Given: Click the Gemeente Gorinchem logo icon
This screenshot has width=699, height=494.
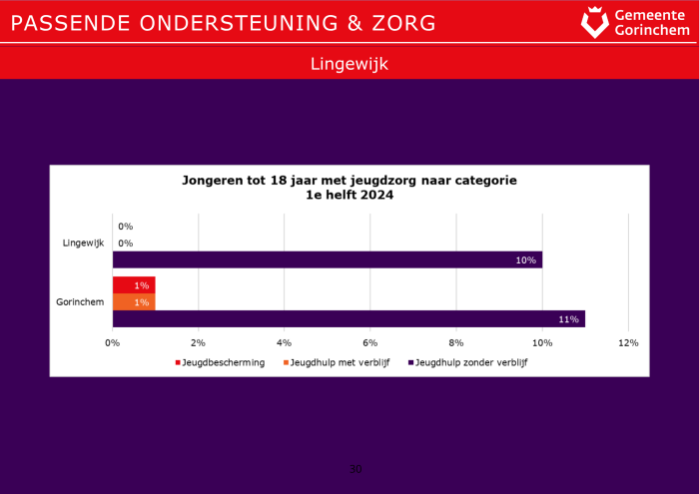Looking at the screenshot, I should tap(594, 22).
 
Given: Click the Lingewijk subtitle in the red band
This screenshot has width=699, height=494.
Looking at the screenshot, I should tap(349, 64).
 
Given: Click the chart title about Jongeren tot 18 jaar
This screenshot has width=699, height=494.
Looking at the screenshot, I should tap(349, 188).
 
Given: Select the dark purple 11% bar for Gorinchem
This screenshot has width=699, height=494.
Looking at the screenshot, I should tap(349, 318).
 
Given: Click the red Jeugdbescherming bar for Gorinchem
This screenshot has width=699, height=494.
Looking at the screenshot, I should tap(133, 285).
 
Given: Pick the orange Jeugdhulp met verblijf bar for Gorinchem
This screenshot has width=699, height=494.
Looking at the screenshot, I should tap(133, 302).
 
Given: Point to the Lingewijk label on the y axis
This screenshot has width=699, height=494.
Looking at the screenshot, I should tap(83, 244).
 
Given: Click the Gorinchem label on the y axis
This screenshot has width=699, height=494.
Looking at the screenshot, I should tap(82, 302).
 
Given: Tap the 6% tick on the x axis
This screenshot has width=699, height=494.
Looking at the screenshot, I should tap(370, 343).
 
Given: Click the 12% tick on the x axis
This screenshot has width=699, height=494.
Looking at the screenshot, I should tap(628, 343).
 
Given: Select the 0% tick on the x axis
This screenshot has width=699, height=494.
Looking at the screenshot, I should tap(113, 343).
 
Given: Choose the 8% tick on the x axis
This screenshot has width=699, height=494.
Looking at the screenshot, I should tap(456, 343).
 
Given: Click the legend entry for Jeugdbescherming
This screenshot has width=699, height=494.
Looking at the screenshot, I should tap(223, 363).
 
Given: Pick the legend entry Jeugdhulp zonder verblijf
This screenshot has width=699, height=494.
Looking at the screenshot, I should tap(469, 363).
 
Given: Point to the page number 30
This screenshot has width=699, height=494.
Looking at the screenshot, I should tap(355, 469).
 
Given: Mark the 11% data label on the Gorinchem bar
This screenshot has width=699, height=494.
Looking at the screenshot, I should tap(569, 319).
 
